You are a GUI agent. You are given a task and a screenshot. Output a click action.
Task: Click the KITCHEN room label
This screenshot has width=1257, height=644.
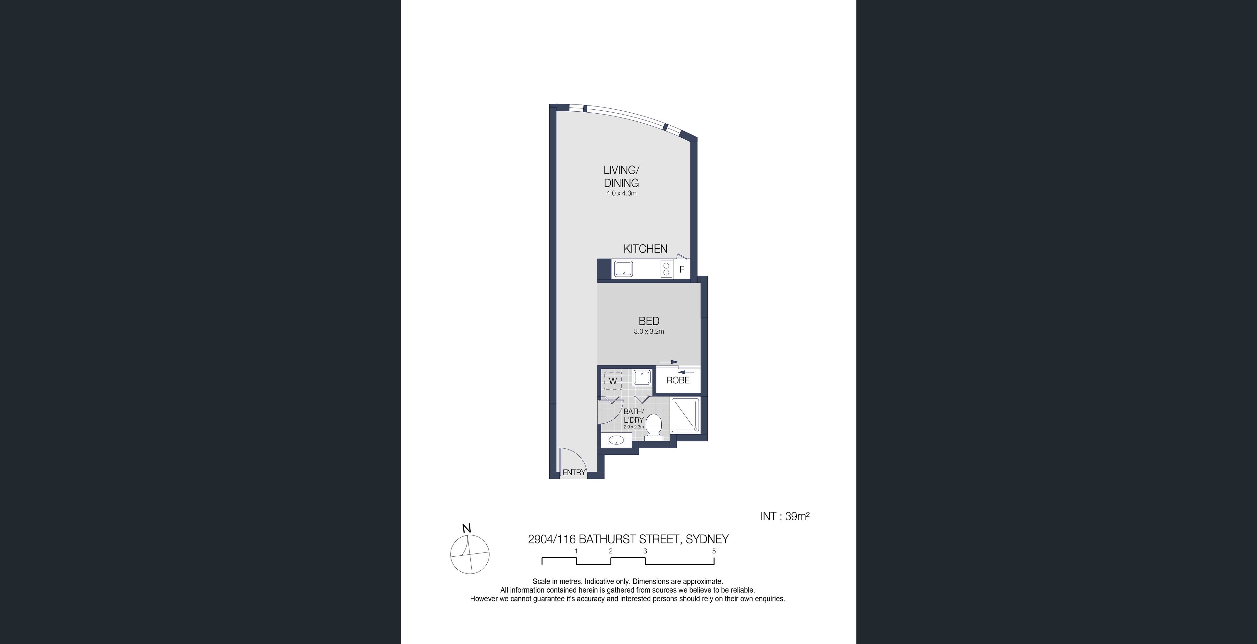coord(645,249)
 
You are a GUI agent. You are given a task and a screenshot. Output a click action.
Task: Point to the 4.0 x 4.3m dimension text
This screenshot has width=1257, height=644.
coord(621,193)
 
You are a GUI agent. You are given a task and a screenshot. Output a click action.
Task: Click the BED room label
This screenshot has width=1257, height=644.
coord(649,321)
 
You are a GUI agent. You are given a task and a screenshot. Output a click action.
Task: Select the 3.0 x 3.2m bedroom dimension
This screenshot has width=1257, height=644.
coord(649,331)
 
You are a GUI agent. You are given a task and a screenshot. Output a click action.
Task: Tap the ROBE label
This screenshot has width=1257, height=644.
coord(678,380)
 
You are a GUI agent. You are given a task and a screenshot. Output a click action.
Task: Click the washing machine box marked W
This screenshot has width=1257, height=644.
coord(613,380)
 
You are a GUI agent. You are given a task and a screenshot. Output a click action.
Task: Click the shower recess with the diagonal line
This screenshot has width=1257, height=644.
coord(686,415)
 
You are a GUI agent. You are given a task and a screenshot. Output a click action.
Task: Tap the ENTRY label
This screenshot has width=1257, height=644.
coord(574,472)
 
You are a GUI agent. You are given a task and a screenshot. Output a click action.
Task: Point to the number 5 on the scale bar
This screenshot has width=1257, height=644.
coord(714,551)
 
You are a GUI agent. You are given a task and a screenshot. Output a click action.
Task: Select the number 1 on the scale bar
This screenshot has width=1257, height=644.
coord(576,551)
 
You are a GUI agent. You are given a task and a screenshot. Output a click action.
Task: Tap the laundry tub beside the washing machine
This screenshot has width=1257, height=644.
coord(642,378)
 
